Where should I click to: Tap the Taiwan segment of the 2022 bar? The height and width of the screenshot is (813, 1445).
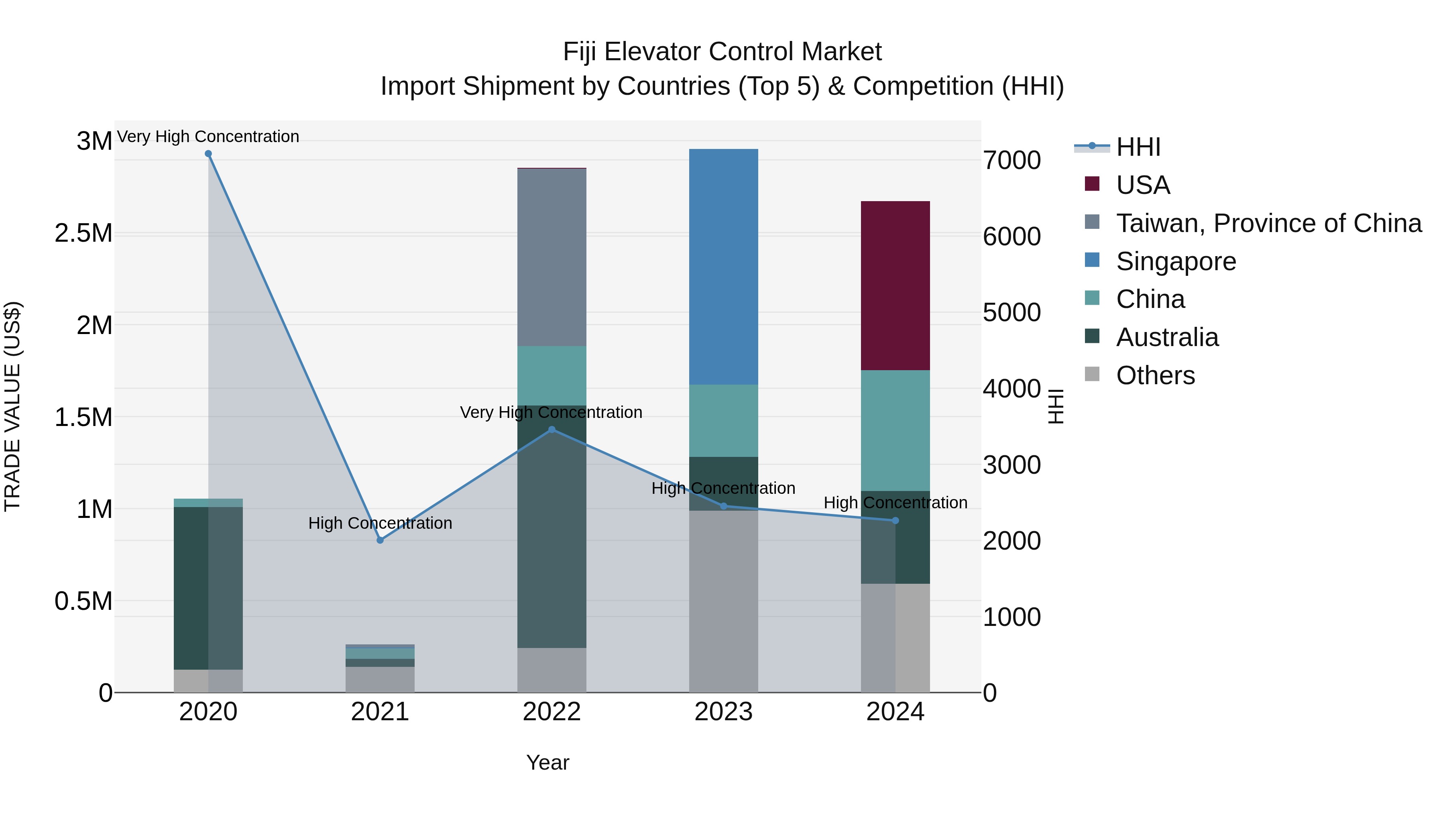point(552,257)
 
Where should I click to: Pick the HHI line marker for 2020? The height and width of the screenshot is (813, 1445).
point(208,154)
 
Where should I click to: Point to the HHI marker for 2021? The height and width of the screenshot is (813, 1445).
point(380,540)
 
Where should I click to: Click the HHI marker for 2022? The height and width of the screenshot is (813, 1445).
point(552,430)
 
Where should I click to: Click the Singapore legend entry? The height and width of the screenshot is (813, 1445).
point(1176,261)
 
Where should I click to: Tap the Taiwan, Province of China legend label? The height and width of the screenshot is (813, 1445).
point(1268,223)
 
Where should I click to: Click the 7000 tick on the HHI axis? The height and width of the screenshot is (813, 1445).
point(1011,161)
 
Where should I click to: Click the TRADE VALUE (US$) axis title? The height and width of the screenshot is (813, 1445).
point(12,406)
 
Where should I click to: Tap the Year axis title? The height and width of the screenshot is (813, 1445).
point(547,762)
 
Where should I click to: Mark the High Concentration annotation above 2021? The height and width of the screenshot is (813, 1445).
point(380,523)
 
